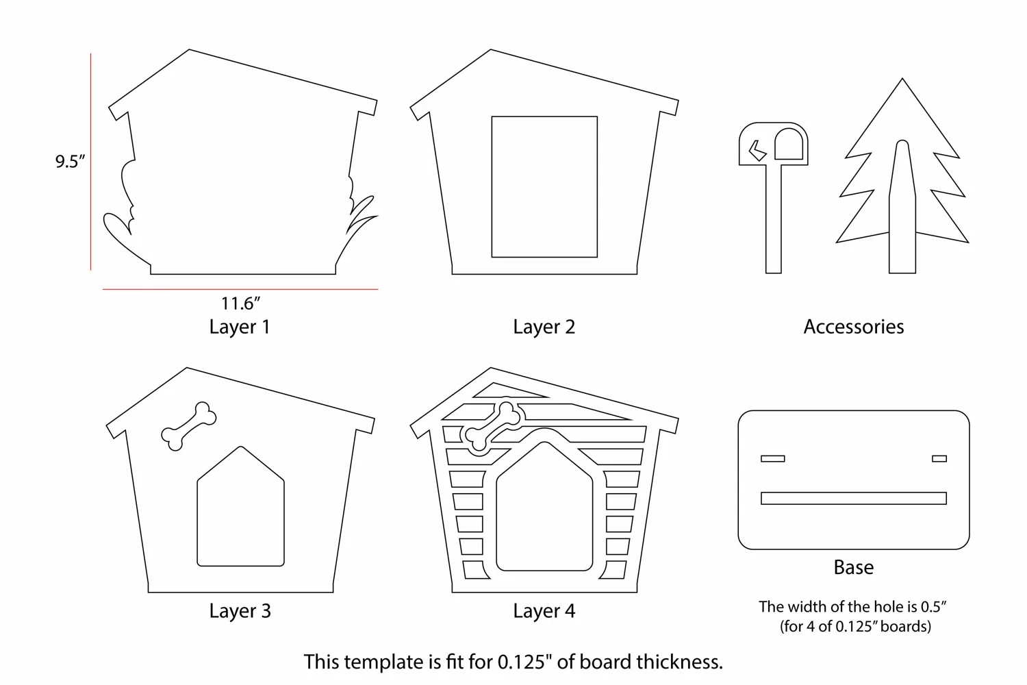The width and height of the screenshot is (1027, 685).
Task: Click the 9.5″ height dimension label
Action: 70,162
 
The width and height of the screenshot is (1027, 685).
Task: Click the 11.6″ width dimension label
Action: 241,303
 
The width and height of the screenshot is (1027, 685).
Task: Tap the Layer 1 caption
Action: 240,327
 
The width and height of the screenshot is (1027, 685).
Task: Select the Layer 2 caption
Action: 544,327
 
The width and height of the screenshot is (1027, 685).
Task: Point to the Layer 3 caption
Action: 240,610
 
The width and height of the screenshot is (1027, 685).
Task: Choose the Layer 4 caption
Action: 544,610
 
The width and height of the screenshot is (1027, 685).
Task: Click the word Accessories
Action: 854,327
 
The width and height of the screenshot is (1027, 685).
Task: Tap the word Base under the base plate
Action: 854,568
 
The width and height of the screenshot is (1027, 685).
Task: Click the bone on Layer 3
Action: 189,426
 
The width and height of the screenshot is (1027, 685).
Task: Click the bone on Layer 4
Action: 494,427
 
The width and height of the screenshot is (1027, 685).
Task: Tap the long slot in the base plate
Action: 854,498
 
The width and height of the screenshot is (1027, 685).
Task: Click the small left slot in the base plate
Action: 773,458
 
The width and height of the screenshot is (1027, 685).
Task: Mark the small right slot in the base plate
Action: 939,458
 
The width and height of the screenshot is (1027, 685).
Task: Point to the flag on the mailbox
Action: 757,151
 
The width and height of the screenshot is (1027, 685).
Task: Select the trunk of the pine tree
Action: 902,206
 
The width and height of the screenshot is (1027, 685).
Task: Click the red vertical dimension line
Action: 91,162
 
